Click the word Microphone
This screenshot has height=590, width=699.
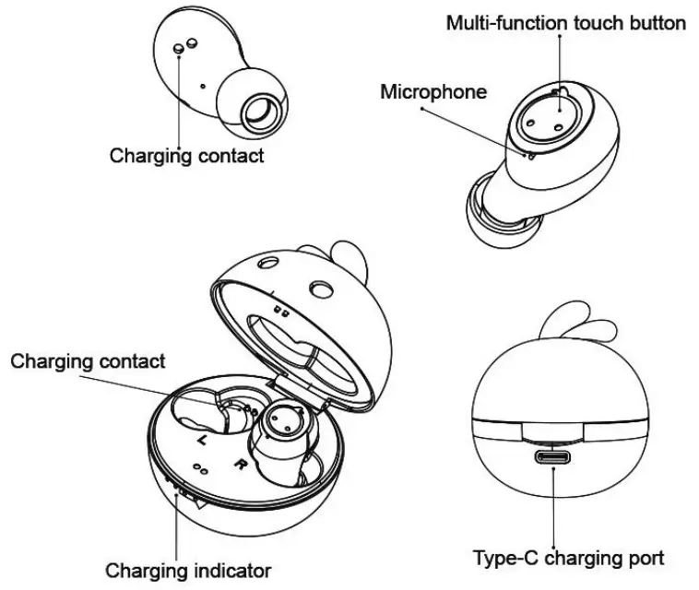pyautogui.click(x=433, y=92)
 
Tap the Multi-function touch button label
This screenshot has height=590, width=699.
pyautogui.click(x=565, y=23)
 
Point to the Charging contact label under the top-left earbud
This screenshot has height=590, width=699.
pyautogui.click(x=186, y=156)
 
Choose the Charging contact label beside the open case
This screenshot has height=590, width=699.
pyautogui.click(x=89, y=361)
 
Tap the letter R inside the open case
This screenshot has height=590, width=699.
pyautogui.click(x=240, y=464)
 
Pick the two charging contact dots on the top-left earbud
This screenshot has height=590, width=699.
pyautogui.click(x=184, y=45)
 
